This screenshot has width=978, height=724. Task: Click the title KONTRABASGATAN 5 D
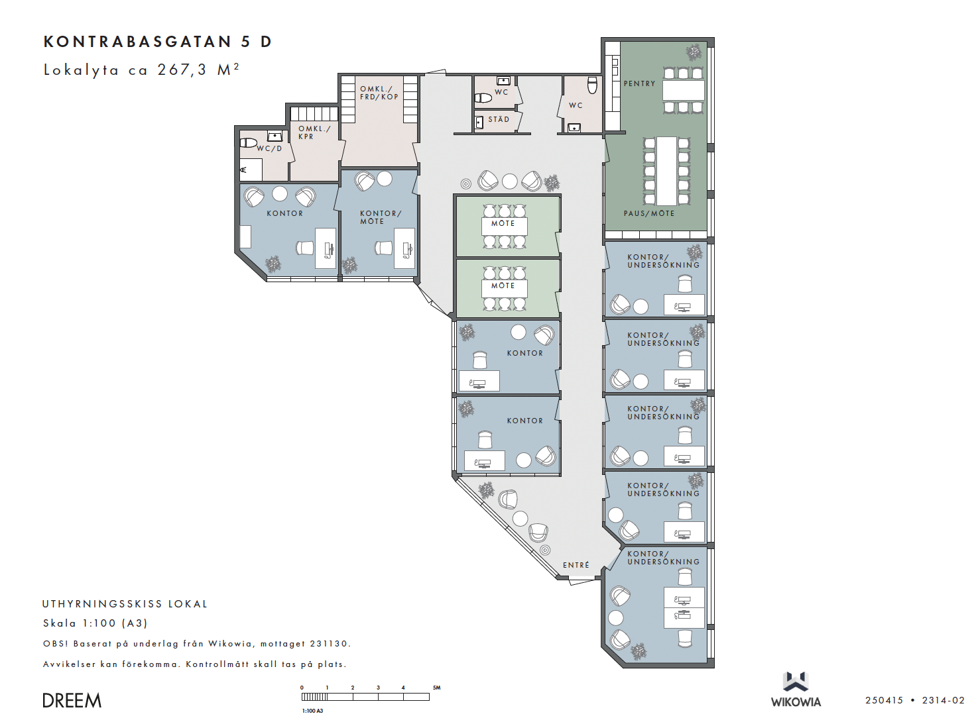tap(157, 42)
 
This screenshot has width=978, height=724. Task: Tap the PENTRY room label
tap(639, 83)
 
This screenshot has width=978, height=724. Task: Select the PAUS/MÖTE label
tap(648, 213)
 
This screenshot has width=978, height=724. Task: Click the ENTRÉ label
tap(576, 565)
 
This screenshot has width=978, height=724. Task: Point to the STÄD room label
tap(498, 119)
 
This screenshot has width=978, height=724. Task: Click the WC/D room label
tap(269, 148)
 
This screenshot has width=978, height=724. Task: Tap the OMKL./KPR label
tap(314, 132)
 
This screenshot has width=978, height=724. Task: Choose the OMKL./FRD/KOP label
tap(379, 93)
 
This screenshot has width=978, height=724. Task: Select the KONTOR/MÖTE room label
tap(381, 217)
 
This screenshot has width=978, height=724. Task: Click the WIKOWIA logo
tap(796, 690)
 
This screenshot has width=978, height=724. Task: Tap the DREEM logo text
tap(72, 701)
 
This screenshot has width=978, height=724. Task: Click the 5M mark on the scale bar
tap(436, 688)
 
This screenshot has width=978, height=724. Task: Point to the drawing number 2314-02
tap(943, 700)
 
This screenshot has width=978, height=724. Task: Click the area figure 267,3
tap(182, 70)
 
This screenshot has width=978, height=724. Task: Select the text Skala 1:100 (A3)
tap(95, 623)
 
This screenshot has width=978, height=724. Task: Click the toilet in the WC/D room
tap(248, 143)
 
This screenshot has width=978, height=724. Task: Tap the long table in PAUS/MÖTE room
tap(666, 171)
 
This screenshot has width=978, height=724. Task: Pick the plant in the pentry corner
tap(694, 52)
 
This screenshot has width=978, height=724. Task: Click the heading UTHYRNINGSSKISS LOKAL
tap(125, 604)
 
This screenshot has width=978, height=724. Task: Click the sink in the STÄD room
tap(479, 123)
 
